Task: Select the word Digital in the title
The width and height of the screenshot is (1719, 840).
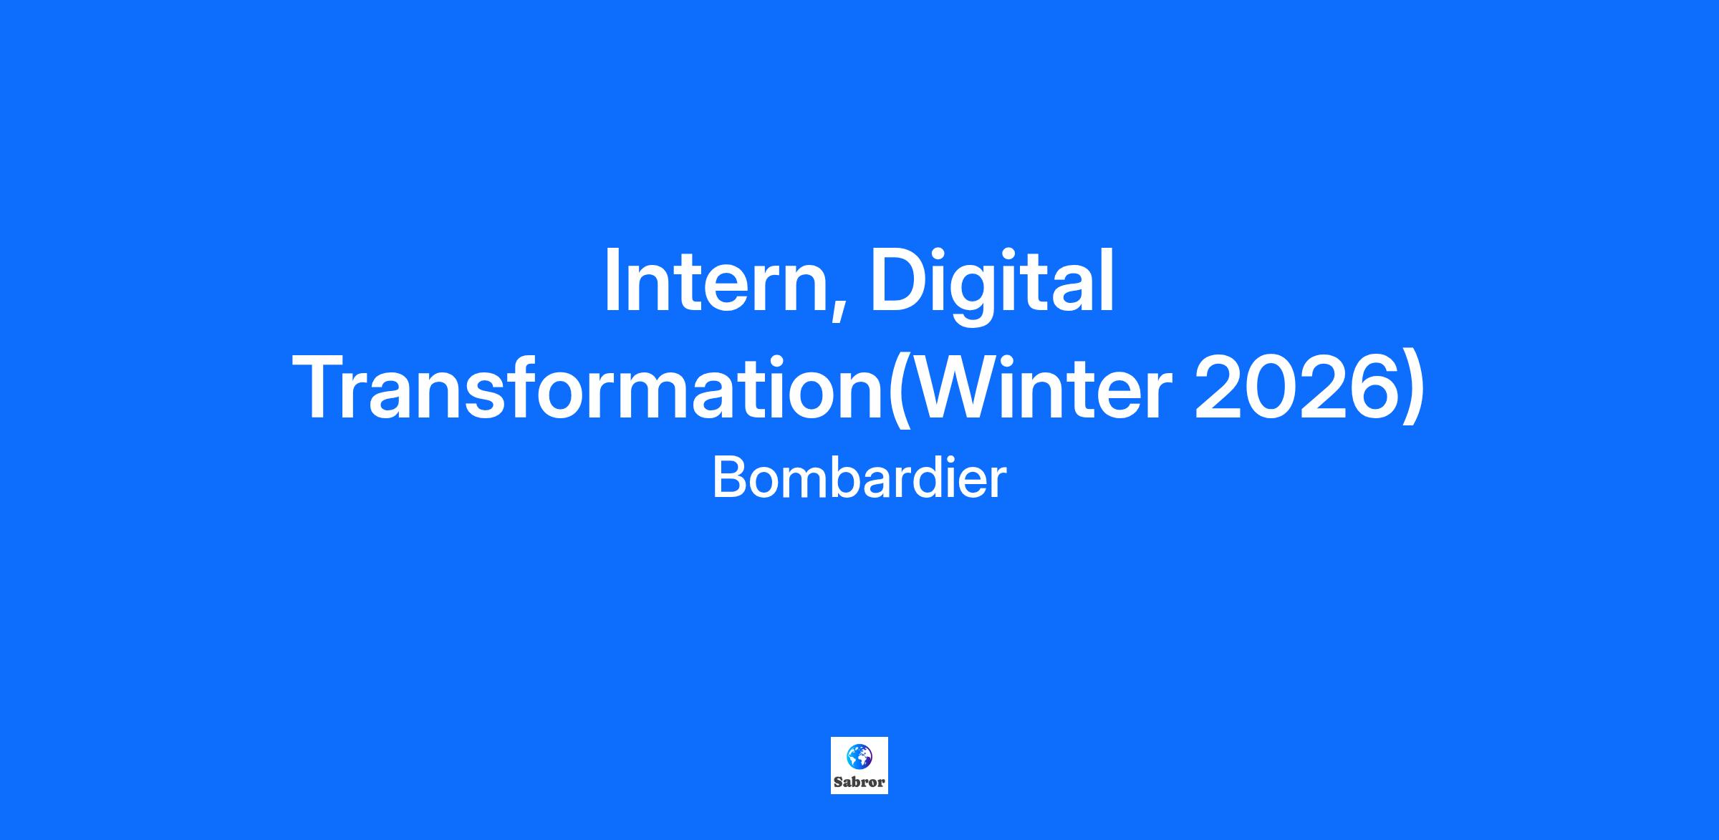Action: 992,285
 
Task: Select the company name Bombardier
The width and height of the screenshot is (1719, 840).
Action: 860,478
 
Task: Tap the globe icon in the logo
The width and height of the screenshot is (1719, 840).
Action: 859,755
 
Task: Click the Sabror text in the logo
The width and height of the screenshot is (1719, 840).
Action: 860,782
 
